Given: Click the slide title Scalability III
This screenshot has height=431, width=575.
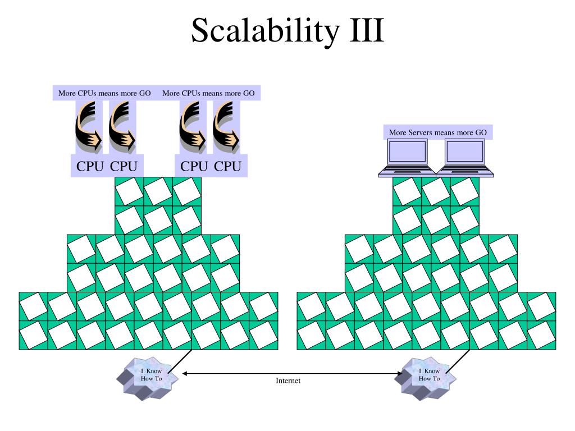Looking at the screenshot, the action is pyautogui.click(x=287, y=31).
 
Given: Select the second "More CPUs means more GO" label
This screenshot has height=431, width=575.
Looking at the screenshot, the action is pyautogui.click(x=208, y=93).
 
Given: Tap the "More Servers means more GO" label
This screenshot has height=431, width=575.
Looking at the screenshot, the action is pyautogui.click(x=437, y=132).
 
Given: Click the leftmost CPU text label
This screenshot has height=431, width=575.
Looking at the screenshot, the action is pyautogui.click(x=90, y=166).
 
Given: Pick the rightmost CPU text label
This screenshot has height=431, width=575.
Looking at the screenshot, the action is pyautogui.click(x=228, y=166).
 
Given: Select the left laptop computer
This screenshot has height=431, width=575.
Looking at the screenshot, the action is pyautogui.click(x=407, y=158).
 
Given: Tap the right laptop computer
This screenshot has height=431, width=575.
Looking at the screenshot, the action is pyautogui.click(x=464, y=158).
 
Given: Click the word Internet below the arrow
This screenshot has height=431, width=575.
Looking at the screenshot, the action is pyautogui.click(x=288, y=380).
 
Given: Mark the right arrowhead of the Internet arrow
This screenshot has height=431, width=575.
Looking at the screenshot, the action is pyautogui.click(x=400, y=374).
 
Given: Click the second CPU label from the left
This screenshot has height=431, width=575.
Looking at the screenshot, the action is pyautogui.click(x=123, y=166).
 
